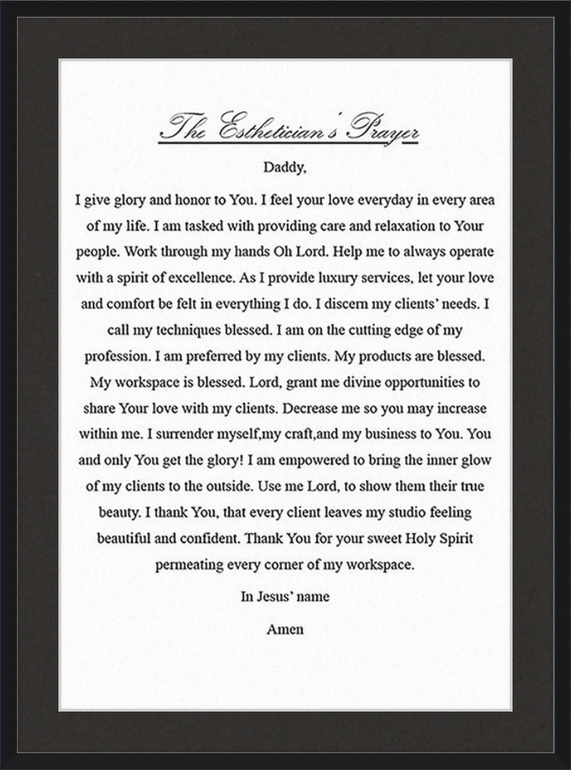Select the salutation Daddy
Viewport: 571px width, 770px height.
coord(285,168)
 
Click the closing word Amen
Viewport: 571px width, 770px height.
coord(285,629)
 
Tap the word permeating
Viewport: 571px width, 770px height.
coord(189,564)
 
